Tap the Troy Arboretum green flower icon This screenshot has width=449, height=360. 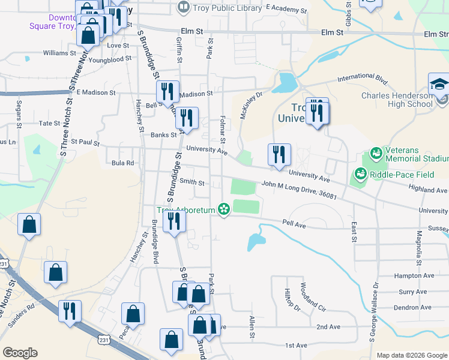[224, 209]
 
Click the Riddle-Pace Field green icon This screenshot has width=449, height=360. [361, 174]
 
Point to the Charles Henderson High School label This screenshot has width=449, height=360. [397, 100]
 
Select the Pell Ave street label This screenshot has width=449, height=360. [294, 223]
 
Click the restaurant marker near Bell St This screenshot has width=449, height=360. [167, 91]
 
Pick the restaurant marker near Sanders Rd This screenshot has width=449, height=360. [70, 311]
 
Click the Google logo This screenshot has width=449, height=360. [20, 353]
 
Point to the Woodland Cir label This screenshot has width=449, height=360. [312, 297]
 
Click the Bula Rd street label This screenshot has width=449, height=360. [122, 163]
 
